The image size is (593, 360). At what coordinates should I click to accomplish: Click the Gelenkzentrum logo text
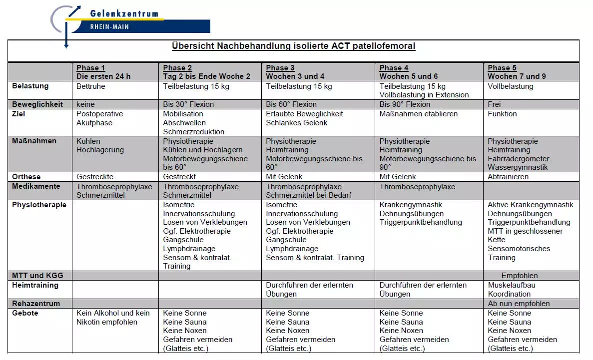click(x=124, y=13)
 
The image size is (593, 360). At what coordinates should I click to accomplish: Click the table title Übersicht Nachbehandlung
click(x=293, y=46)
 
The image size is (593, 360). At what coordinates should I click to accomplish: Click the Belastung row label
click(x=30, y=86)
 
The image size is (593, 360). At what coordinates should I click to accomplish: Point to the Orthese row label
click(x=26, y=177)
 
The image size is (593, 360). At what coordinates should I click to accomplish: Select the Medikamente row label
click(x=36, y=186)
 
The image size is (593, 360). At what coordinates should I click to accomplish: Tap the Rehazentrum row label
click(x=36, y=304)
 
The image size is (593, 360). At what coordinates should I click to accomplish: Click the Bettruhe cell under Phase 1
click(x=91, y=86)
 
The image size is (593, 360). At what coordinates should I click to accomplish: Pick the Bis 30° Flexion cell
click(x=188, y=104)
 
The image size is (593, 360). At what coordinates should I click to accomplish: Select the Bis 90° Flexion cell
click(x=405, y=104)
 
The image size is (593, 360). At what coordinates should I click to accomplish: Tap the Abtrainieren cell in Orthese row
click(x=508, y=177)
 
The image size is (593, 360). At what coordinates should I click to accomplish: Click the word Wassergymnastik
click(x=518, y=168)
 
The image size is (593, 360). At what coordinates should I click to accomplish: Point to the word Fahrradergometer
click(x=518, y=159)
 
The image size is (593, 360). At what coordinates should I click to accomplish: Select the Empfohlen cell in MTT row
click(x=520, y=276)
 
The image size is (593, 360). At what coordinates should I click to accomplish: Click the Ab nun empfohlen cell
click(x=519, y=304)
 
